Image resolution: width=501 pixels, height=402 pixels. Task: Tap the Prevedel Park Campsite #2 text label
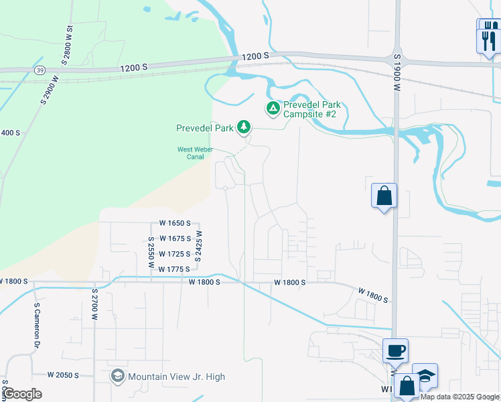click(x=311, y=110)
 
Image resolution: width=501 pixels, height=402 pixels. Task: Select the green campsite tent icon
click(x=273, y=108)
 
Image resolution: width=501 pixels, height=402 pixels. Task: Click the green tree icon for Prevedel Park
click(x=244, y=127)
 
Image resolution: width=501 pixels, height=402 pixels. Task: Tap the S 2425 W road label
click(x=199, y=247)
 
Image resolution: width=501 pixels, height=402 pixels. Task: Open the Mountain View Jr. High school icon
click(x=118, y=377)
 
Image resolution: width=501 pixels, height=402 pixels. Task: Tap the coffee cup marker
click(x=395, y=350)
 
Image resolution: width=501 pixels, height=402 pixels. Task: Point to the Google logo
click(x=22, y=394)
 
